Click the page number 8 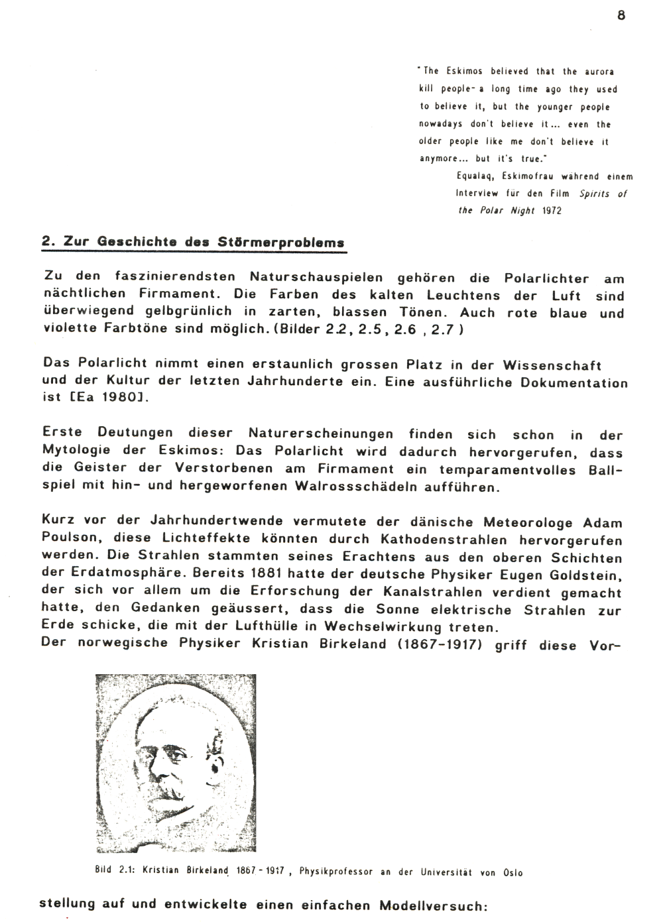pos(621,15)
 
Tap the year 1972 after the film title pos(552,211)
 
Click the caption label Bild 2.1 pos(115,872)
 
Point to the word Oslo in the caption pos(512,872)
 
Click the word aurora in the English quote pos(599,72)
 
